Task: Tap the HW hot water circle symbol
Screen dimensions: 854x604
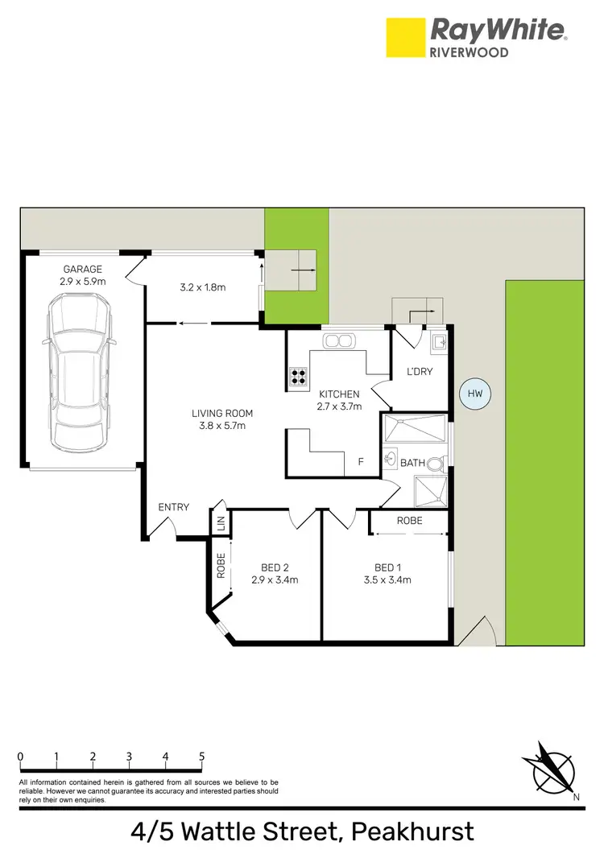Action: (x=475, y=394)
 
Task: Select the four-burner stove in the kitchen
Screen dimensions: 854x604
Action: (x=299, y=376)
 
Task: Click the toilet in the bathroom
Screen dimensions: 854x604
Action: (x=435, y=464)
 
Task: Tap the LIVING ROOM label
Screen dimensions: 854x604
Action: (x=218, y=414)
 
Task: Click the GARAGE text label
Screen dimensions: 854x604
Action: (x=82, y=269)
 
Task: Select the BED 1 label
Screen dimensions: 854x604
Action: (x=387, y=566)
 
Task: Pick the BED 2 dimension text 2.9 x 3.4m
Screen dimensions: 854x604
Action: (x=275, y=580)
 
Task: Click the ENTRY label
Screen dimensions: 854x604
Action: (x=174, y=507)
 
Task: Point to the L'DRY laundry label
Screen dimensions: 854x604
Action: (x=420, y=371)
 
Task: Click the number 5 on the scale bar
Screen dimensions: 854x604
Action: (x=201, y=757)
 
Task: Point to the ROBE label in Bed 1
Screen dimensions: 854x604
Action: (x=409, y=521)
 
